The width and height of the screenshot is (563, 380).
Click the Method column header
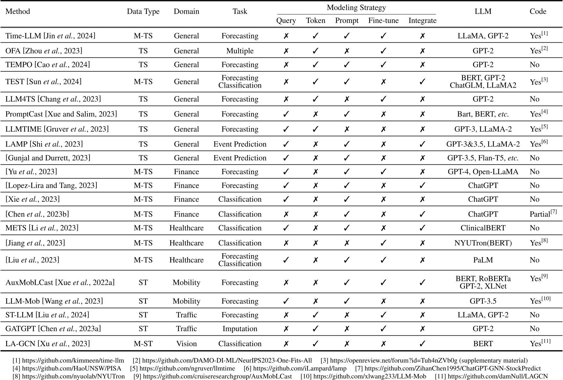[x=18, y=11]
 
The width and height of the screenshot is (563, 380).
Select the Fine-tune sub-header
[x=383, y=21]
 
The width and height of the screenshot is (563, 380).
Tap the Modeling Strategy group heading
[x=356, y=8]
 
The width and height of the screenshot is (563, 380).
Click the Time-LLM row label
[x=50, y=36]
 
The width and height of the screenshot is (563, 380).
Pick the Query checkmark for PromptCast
[x=286, y=114]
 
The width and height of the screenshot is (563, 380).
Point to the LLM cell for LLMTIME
[x=483, y=129]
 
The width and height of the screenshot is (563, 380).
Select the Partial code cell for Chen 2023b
[x=543, y=214]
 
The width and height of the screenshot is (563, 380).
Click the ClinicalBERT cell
[x=483, y=228]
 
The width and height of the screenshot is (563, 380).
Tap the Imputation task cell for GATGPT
[x=240, y=329]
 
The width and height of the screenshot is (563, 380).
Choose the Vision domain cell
[x=186, y=344]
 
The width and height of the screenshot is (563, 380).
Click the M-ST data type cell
[x=143, y=344]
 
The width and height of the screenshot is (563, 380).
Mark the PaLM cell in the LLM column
[x=483, y=260]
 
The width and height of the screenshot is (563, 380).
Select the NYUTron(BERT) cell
[x=483, y=243]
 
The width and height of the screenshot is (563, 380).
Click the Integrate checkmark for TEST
[x=422, y=82]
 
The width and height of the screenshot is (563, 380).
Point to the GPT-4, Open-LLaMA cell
[x=483, y=172]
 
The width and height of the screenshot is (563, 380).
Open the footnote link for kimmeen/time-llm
[x=73, y=361]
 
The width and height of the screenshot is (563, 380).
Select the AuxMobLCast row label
[x=60, y=283]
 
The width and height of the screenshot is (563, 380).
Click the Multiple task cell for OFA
[x=240, y=51]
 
